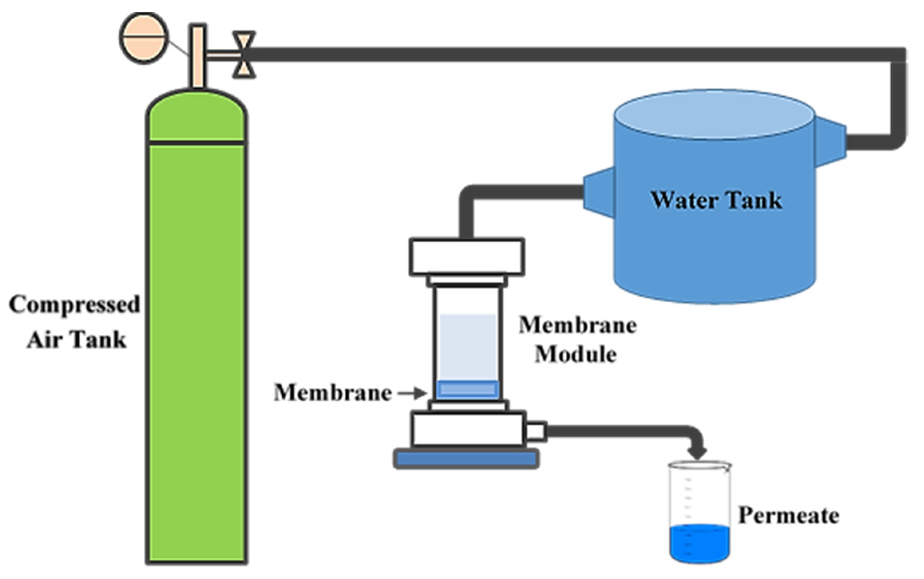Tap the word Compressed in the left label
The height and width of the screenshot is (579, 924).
click(x=75, y=304)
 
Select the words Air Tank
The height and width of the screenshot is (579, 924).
click(x=77, y=340)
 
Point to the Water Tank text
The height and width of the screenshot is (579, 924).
click(x=716, y=200)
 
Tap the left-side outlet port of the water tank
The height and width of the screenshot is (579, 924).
click(x=599, y=192)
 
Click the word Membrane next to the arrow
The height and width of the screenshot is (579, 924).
click(x=333, y=393)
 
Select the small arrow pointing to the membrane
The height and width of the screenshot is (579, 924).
click(x=412, y=393)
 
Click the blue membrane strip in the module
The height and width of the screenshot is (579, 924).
click(x=467, y=389)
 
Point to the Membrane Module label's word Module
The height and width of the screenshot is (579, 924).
click(x=575, y=354)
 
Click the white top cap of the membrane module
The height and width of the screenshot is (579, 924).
click(x=467, y=256)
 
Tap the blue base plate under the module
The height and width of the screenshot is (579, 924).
click(x=466, y=459)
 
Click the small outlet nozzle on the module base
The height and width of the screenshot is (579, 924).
click(x=536, y=431)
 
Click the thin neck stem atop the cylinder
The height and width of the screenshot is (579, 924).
click(x=198, y=56)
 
